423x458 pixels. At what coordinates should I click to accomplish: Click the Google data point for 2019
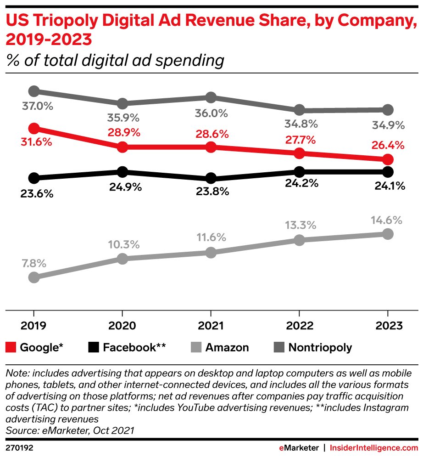tap(33, 128)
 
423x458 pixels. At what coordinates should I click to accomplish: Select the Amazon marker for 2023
tap(388, 234)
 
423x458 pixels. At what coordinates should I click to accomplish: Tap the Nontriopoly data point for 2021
tap(211, 97)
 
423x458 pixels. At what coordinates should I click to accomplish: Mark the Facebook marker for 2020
tap(122, 172)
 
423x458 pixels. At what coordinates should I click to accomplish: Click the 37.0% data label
tap(37, 107)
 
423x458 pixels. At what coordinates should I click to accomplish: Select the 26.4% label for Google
tap(388, 146)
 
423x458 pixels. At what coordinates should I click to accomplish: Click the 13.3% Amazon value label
tap(299, 225)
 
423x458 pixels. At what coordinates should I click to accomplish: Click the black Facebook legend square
tap(93, 347)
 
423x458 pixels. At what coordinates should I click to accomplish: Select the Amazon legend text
tap(227, 347)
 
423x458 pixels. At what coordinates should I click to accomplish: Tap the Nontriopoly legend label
tap(320, 347)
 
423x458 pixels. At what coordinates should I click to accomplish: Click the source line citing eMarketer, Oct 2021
tap(69, 430)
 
